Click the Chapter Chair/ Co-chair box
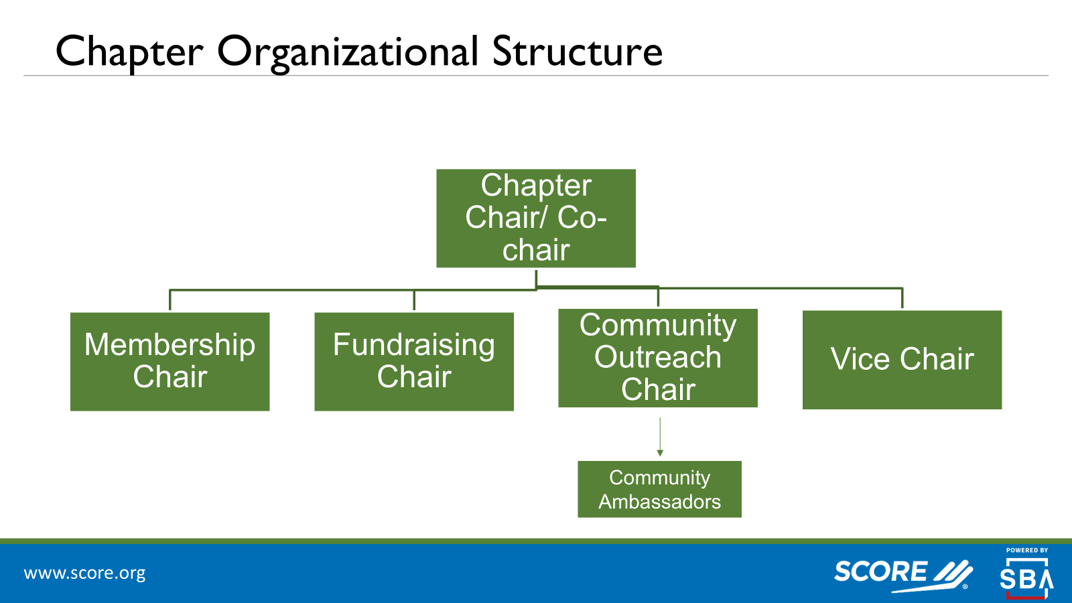pyautogui.click(x=536, y=218)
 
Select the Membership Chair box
pyautogui.click(x=170, y=362)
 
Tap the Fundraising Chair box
pyautogui.click(x=414, y=362)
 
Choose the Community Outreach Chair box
pyautogui.click(x=658, y=358)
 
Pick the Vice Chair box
pyautogui.click(x=902, y=360)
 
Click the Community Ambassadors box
pyautogui.click(x=659, y=489)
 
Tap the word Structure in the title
pyautogui.click(x=577, y=52)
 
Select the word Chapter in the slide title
pyautogui.click(x=129, y=52)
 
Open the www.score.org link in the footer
pyautogui.click(x=84, y=574)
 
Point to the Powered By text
pyautogui.click(x=1026, y=550)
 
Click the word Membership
pyautogui.click(x=170, y=345)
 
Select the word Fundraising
pyautogui.click(x=414, y=345)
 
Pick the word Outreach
pyautogui.click(x=658, y=357)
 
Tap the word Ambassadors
pyautogui.click(x=659, y=502)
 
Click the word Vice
pyautogui.click(x=860, y=360)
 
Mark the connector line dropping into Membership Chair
pyautogui.click(x=170, y=300)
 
